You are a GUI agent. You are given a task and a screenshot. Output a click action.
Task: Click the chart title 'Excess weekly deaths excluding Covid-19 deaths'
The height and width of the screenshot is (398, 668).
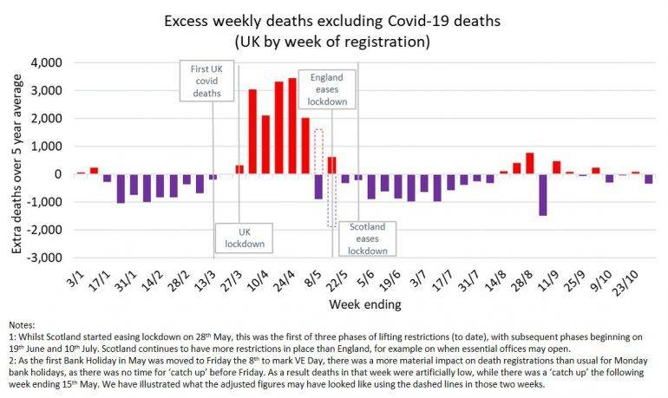point(334,18)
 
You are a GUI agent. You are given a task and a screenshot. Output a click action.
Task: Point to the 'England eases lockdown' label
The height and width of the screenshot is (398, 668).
point(328,89)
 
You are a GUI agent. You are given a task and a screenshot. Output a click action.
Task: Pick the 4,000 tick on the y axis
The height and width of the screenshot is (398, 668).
point(50,63)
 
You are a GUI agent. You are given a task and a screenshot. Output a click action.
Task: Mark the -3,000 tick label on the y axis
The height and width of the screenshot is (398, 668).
point(49,258)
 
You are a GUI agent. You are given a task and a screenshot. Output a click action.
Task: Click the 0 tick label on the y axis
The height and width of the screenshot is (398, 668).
point(62,174)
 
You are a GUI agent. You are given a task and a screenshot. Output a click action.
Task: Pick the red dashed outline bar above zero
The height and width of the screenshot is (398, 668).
point(318,152)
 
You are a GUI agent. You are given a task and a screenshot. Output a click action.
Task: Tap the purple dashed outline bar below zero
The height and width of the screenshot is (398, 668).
point(331,199)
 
